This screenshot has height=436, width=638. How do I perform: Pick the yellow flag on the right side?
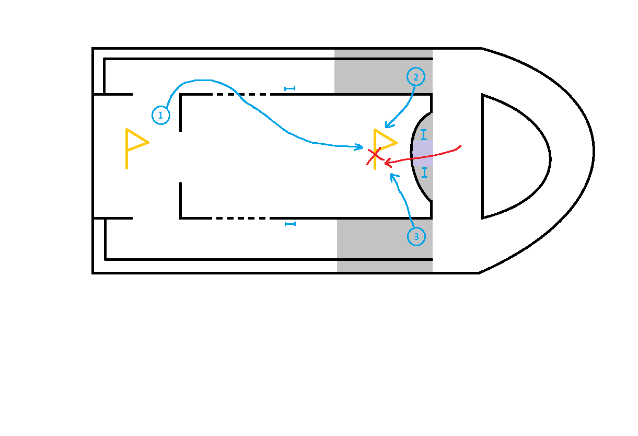[x=375, y=149]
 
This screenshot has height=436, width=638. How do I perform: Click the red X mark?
[x=374, y=156]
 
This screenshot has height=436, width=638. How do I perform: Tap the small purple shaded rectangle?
[x=423, y=153]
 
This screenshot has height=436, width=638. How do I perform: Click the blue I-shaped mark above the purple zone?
[x=424, y=134]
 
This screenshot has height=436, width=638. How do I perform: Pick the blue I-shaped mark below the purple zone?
[x=424, y=173]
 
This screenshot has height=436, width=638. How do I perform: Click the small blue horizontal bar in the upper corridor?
[x=289, y=89]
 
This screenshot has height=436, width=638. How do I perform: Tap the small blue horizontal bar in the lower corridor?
[x=290, y=224]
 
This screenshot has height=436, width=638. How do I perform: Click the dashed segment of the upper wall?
[x=241, y=94]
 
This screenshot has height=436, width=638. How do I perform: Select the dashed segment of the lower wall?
[x=241, y=219]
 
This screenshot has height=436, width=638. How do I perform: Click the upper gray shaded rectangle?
[x=384, y=71]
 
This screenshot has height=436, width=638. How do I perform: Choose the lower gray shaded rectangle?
[x=385, y=246]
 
